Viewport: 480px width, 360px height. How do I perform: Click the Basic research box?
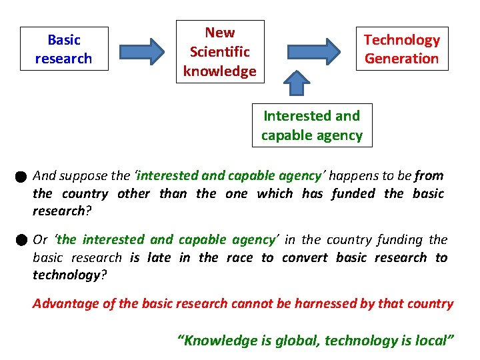pos(63,49)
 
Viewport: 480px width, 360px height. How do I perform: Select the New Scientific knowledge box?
pos(219,51)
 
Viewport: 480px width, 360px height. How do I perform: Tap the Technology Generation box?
pos(401,49)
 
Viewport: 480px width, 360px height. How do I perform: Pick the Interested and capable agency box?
pos(311,125)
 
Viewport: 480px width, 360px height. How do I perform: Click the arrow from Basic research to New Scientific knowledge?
pos(141,51)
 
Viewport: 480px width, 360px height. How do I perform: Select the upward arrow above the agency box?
pos(297,83)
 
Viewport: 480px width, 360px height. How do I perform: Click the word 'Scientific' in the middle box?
pos(219,51)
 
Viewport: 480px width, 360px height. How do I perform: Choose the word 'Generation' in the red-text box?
pos(401,58)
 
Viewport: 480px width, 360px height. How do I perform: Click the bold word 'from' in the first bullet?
pos(429,176)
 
